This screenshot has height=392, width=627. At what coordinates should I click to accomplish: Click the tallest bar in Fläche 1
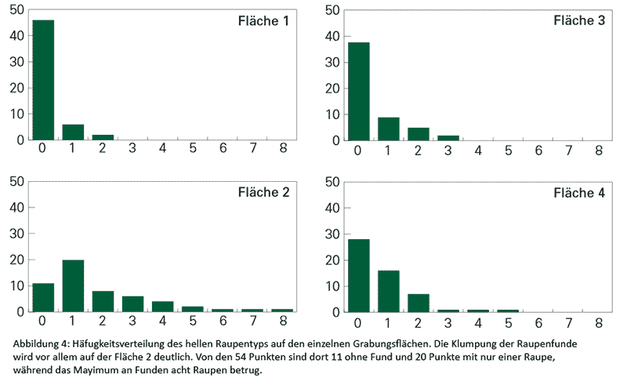(x=43, y=80)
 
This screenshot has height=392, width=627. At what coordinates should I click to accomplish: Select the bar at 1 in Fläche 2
(x=73, y=285)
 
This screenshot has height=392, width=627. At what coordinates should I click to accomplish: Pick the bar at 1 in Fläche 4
(x=389, y=291)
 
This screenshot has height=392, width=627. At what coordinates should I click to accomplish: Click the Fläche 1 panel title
(x=263, y=21)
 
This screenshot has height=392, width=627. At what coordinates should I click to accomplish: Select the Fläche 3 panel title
(x=578, y=21)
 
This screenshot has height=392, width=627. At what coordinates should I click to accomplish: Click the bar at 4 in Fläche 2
(x=162, y=307)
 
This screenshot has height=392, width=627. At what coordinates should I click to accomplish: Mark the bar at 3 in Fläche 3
(x=448, y=137)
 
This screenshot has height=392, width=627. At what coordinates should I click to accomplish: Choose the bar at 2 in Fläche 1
(x=103, y=137)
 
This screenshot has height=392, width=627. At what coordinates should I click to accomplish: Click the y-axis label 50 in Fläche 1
(x=16, y=10)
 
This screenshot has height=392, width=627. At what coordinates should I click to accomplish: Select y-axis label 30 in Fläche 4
(x=331, y=234)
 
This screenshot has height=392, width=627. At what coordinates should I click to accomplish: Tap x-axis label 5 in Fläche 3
(x=509, y=151)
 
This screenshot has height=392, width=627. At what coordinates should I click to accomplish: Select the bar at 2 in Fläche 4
(x=419, y=303)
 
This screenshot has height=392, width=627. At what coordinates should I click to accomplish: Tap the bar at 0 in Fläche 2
(x=43, y=297)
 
